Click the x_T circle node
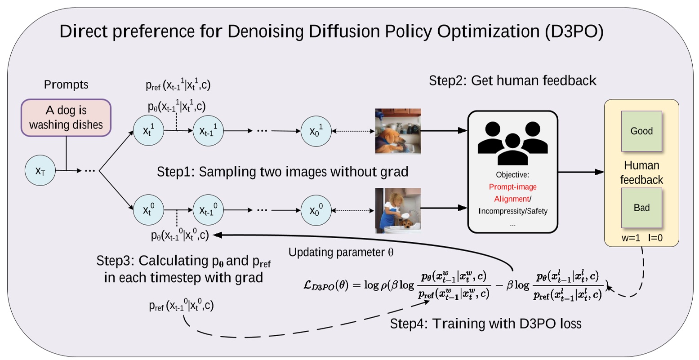coord(40,170)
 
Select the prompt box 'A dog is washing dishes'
coord(66,117)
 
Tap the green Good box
coord(641,131)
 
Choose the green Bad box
coord(641,208)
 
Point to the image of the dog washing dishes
coord(398,131)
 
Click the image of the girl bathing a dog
coord(398,210)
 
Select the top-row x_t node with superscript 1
coord(148,131)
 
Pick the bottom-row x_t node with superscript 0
coord(148,209)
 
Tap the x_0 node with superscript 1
coord(316,131)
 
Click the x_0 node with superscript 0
coord(316,209)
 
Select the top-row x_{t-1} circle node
coord(208,131)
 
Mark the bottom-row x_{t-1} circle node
coord(208,209)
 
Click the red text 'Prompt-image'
coord(512,187)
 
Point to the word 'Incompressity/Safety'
coord(513,211)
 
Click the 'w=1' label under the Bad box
coord(631,238)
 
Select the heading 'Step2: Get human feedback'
coord(512,80)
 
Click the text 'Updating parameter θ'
coord(341,252)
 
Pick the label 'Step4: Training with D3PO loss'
coord(485,324)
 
